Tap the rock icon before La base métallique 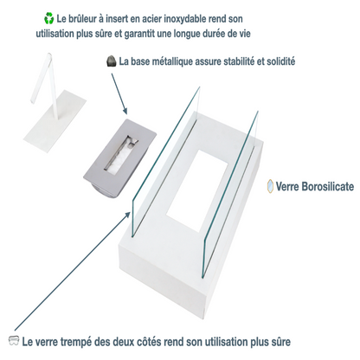pos(110,61)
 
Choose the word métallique pos(180,61)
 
